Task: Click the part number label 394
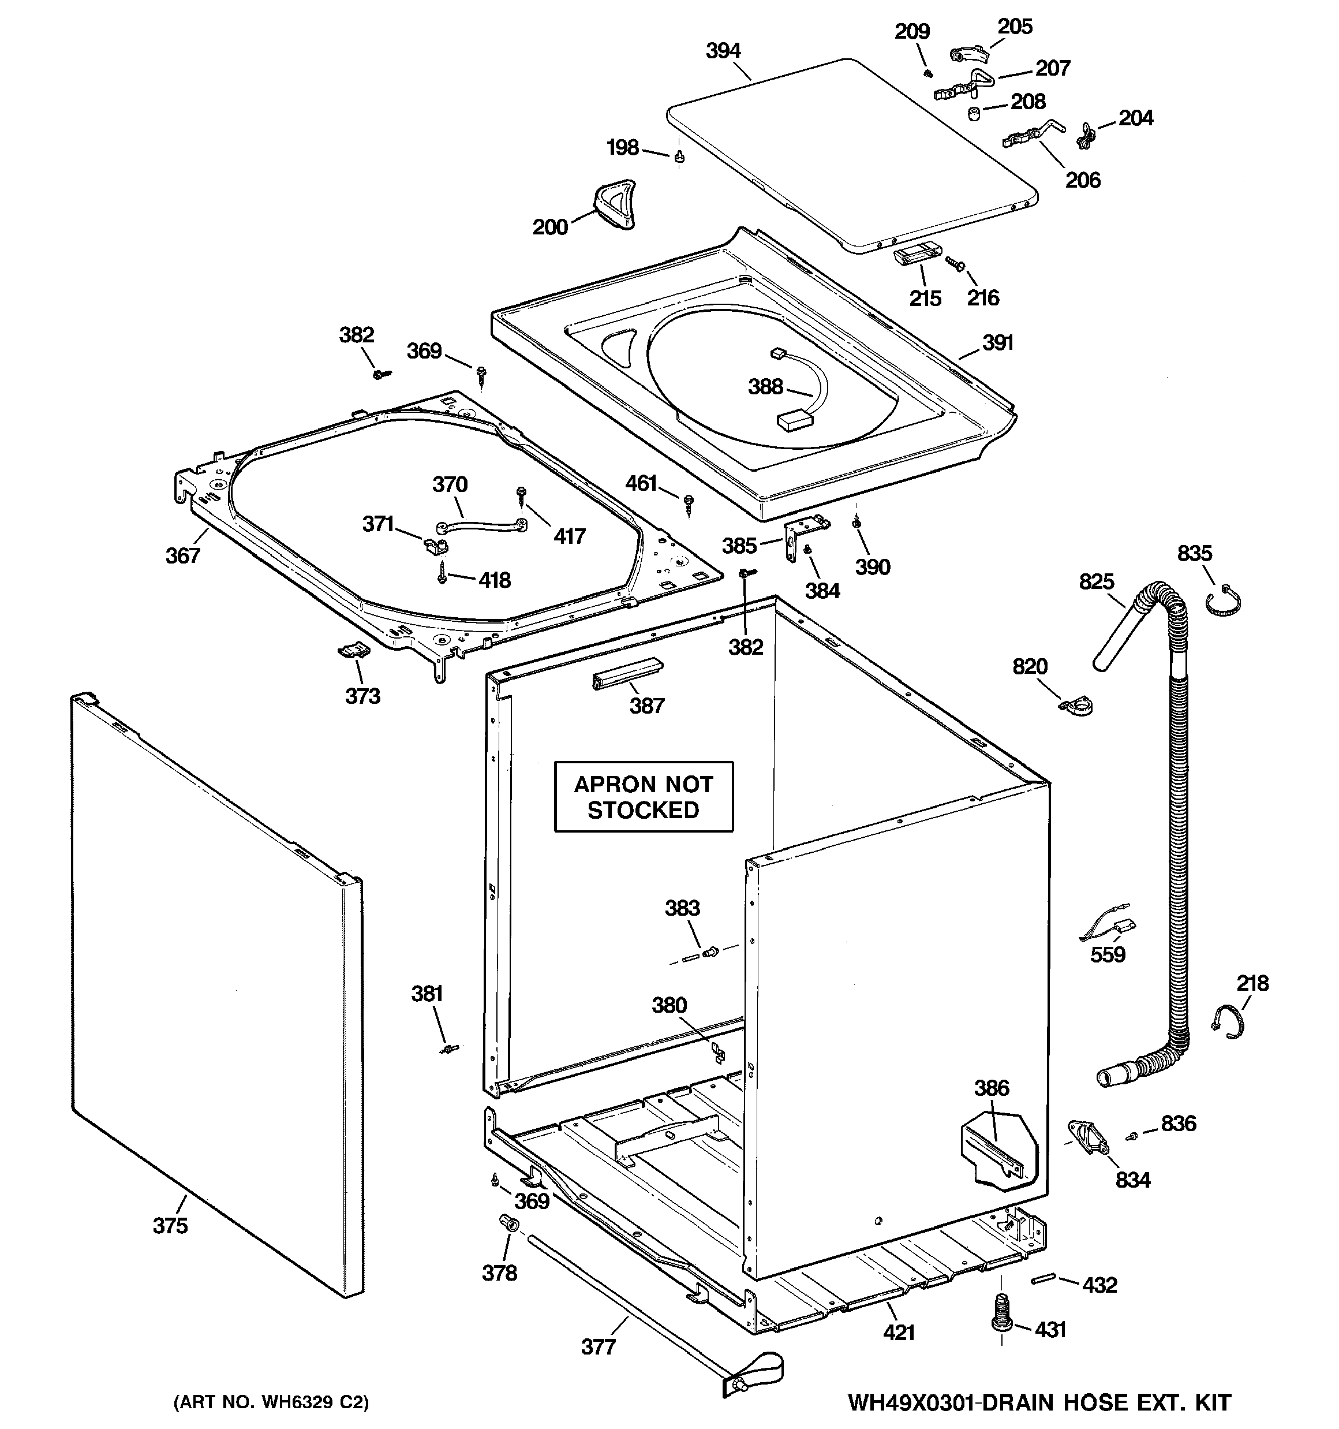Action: [x=723, y=50]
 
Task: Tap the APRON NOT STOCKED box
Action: [x=644, y=796]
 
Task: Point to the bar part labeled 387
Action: [x=625, y=673]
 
